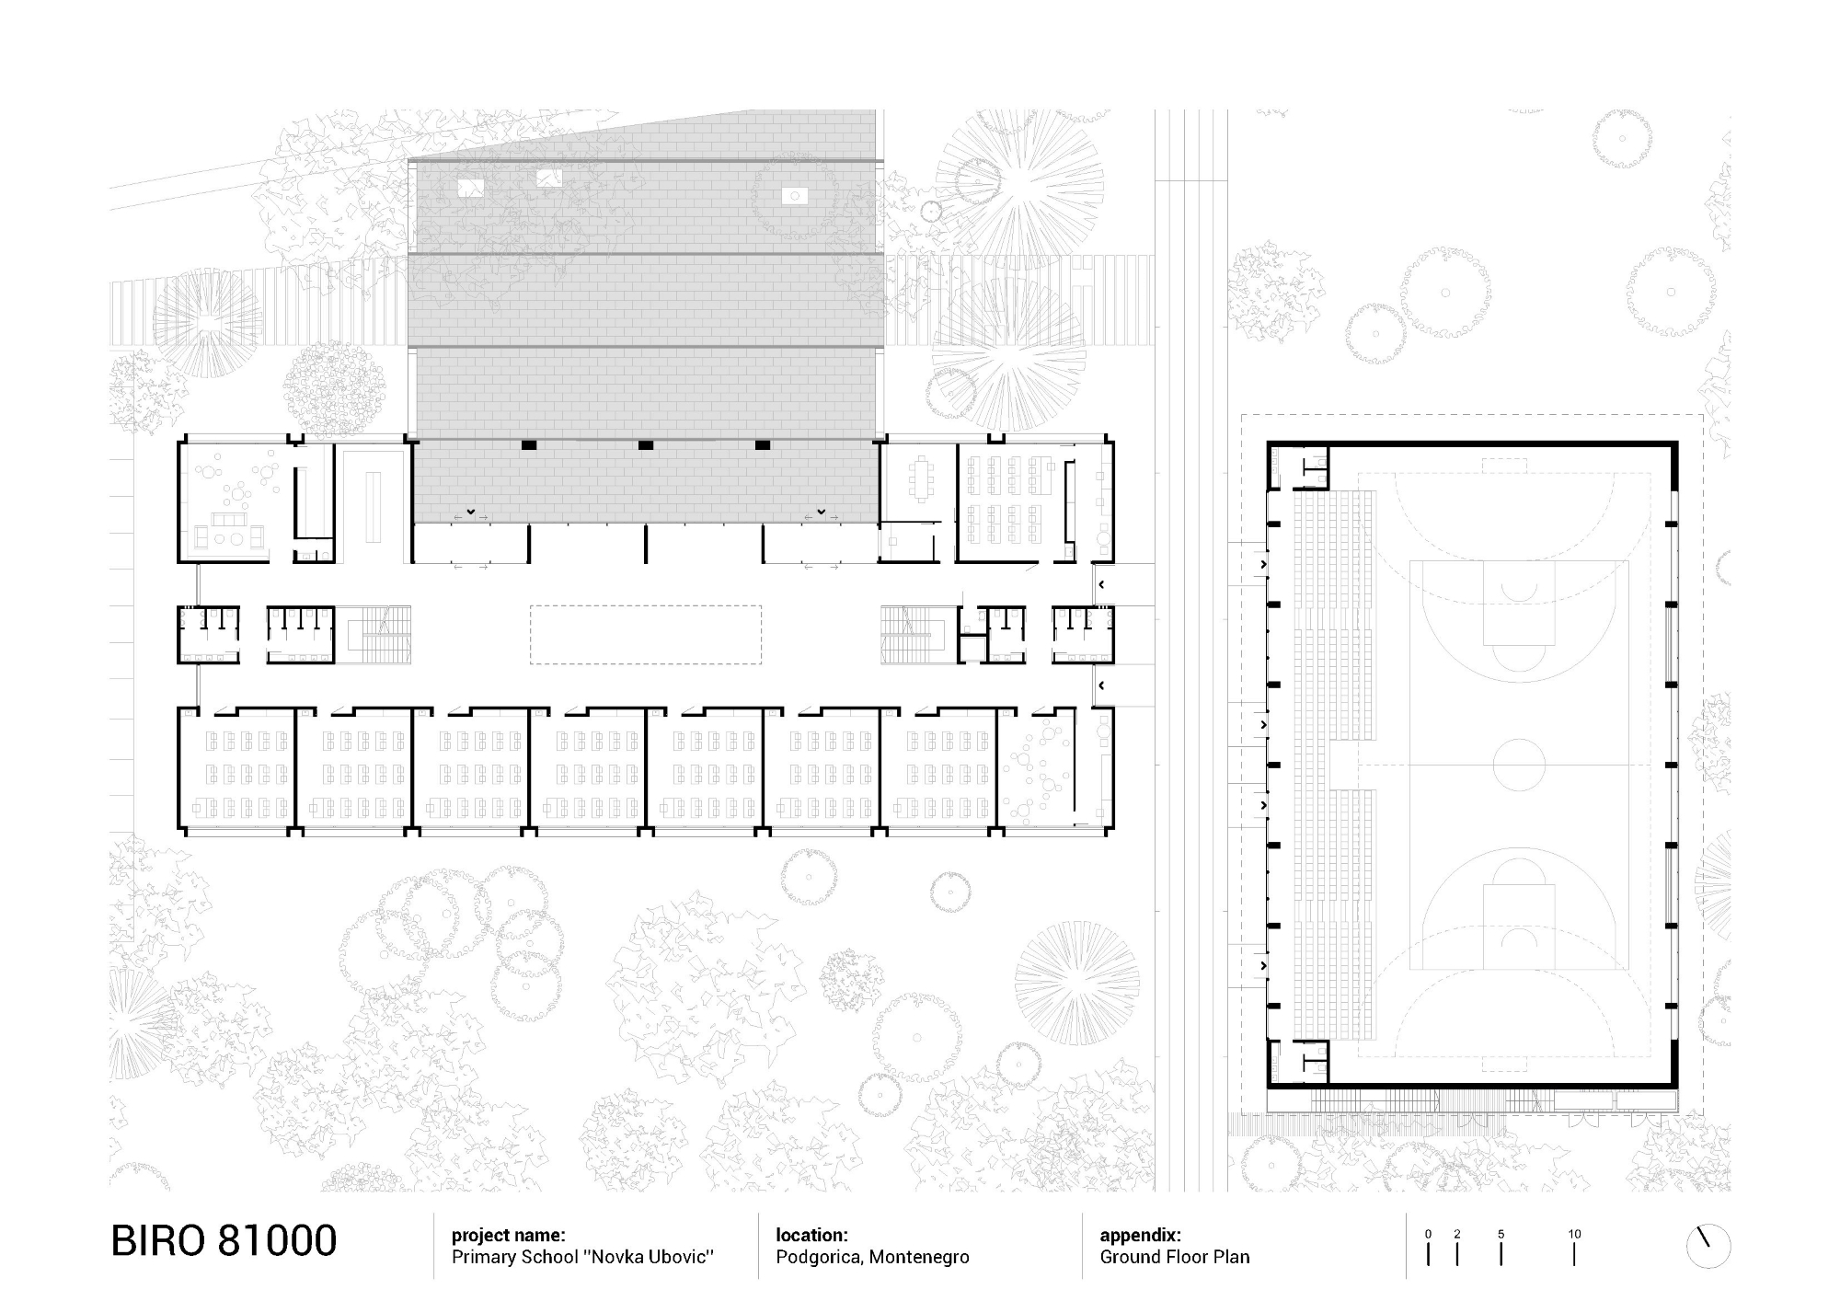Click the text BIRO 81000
pyautogui.click(x=224, y=1241)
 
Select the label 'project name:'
pyautogui.click(x=508, y=1236)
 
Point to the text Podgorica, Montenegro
pyautogui.click(x=871, y=1258)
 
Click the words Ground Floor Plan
pyautogui.click(x=1174, y=1258)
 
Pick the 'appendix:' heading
pyautogui.click(x=1140, y=1236)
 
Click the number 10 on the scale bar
pyautogui.click(x=1574, y=1235)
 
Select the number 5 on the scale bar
pyautogui.click(x=1501, y=1235)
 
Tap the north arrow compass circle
pyautogui.click(x=1708, y=1248)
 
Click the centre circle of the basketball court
pyautogui.click(x=1518, y=765)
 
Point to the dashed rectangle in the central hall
pyautogui.click(x=645, y=634)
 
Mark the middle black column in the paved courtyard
pyautogui.click(x=646, y=445)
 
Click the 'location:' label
pyautogui.click(x=811, y=1236)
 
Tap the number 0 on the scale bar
pyautogui.click(x=1428, y=1235)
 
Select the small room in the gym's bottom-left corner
pyautogui.click(x=1300, y=1061)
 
